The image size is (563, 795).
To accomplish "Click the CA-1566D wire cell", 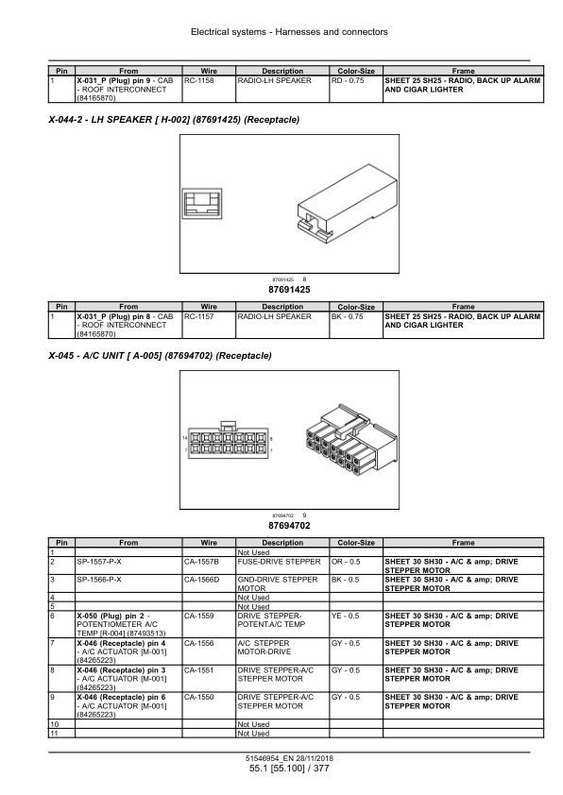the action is [x=201, y=579].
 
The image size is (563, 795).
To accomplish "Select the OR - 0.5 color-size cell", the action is [x=346, y=562].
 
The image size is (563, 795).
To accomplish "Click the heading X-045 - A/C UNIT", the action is [x=161, y=355].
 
